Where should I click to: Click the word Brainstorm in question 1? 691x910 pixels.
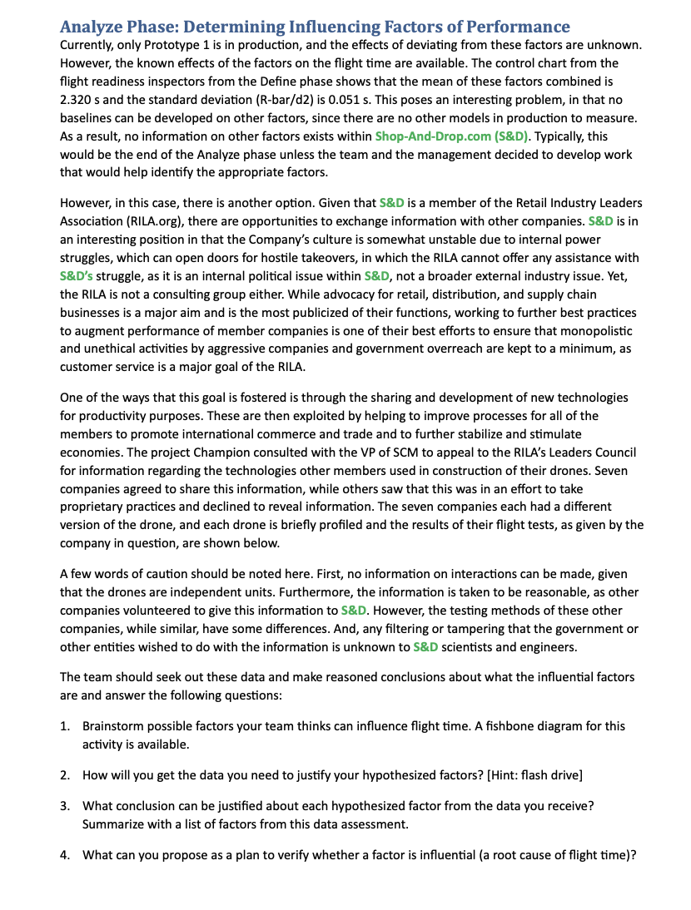pos(117,726)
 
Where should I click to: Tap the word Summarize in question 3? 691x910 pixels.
pos(116,824)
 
